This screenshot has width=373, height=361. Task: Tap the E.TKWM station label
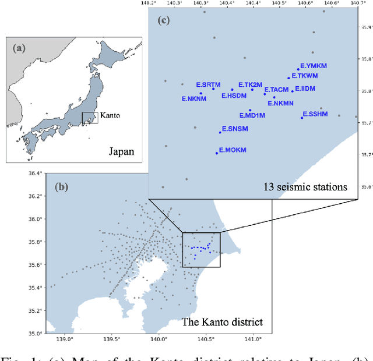pos(305,76)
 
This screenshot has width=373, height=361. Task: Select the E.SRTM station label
pos(208,84)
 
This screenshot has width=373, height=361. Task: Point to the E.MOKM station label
pos(233,150)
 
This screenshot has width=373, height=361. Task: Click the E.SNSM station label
pos(235,129)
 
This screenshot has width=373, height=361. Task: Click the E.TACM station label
pos(276,90)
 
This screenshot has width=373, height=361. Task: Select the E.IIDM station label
pos(305,89)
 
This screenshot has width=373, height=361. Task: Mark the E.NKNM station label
pos(194,98)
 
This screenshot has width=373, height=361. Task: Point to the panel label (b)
pos(61,187)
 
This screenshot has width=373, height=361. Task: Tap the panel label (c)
pos(164,22)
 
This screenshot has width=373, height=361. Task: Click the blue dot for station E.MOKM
pos(217,153)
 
